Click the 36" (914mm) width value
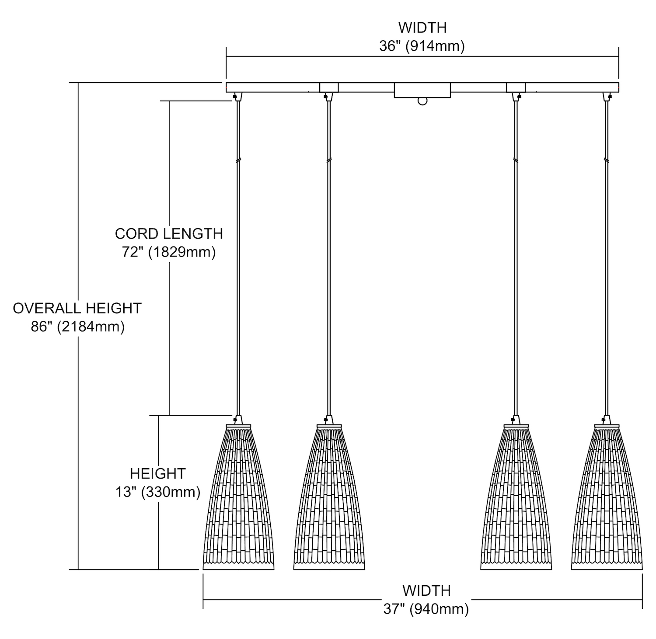(422, 46)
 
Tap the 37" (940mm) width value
(426, 609)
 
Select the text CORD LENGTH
(169, 234)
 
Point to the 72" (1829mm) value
(169, 252)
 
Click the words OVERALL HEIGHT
(77, 308)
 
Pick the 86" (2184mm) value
(77, 326)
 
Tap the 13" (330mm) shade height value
(158, 492)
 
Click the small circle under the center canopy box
(422, 101)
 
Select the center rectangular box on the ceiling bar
(422, 90)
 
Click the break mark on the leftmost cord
(238, 160)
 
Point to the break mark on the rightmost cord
(606, 160)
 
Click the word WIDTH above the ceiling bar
(422, 28)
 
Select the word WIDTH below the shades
(426, 590)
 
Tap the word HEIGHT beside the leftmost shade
(158, 473)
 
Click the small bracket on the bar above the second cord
(329, 87)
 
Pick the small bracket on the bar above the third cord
(516, 87)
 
